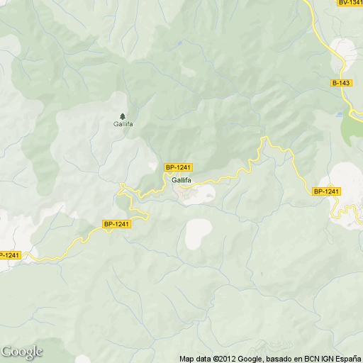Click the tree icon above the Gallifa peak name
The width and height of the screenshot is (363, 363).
point(123,116)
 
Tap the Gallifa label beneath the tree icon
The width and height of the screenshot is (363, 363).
point(123,125)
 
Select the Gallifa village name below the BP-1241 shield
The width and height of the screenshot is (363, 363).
point(180,180)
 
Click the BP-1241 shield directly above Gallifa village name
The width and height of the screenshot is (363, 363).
point(179,167)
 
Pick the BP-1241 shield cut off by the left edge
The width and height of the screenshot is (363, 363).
point(10,255)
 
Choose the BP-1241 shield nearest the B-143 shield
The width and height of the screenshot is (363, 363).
point(327,191)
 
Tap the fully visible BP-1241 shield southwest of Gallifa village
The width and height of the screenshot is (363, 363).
point(117,224)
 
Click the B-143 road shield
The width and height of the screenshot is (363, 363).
point(341,83)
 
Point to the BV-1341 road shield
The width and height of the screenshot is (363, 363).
point(350,3)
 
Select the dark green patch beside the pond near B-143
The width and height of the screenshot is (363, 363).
point(352,130)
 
